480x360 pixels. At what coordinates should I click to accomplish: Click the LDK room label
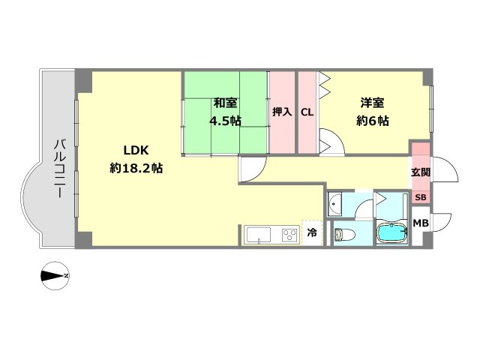click(136, 150)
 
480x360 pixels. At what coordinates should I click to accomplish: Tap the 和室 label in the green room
click(225, 103)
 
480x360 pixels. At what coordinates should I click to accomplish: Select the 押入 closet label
click(282, 112)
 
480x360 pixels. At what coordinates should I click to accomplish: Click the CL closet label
click(307, 112)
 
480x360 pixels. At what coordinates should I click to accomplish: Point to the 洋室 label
click(372, 103)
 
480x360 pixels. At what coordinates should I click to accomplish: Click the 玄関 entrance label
click(421, 172)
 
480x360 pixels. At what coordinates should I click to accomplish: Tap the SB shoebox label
click(421, 197)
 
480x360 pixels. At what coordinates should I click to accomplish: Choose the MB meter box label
click(421, 223)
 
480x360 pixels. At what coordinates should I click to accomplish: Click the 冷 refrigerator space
click(312, 232)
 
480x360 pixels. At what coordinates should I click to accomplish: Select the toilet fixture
click(344, 235)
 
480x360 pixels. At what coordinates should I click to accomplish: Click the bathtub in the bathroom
click(391, 233)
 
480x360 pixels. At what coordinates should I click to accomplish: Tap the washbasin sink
click(335, 204)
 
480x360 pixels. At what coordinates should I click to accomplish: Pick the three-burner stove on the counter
click(290, 235)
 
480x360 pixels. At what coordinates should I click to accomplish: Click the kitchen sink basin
click(259, 235)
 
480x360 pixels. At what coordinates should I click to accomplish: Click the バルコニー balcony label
click(59, 168)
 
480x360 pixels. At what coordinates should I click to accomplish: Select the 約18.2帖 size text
click(136, 168)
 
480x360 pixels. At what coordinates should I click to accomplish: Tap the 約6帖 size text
click(372, 121)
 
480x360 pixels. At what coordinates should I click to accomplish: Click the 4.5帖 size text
click(225, 121)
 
